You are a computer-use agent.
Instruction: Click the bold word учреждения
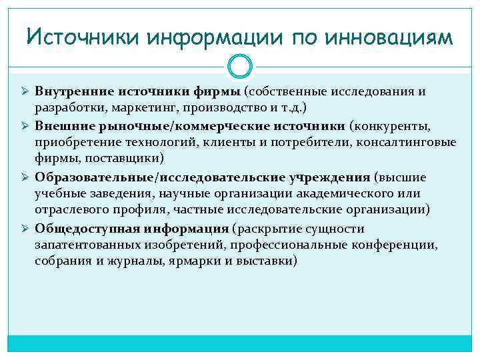tap(328, 177)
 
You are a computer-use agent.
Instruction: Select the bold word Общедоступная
tap(79, 229)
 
